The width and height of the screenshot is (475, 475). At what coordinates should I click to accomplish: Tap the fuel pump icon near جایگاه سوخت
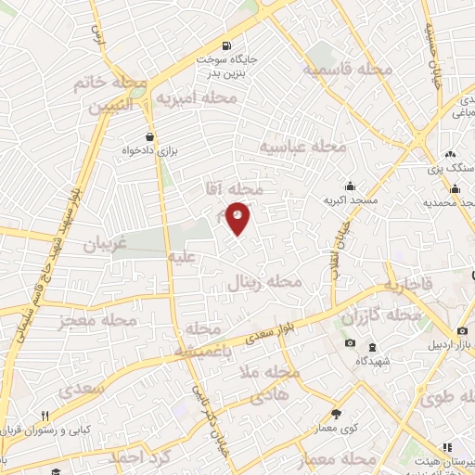pos(226,45)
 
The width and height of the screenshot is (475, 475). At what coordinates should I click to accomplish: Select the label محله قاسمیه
pos(340,70)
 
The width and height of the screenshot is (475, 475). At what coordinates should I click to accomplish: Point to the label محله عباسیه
pos(302,147)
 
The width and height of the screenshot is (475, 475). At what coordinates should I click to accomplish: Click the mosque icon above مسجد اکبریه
pos(349,186)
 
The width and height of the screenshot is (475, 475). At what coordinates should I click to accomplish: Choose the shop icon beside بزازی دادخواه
pos(149,135)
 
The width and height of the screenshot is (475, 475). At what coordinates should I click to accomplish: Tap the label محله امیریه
pos(196,98)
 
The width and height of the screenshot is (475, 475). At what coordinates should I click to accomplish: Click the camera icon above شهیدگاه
pos(350,343)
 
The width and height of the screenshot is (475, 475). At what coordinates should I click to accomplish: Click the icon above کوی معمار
pos(336,414)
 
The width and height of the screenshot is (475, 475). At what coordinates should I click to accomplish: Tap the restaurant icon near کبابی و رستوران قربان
pos(44,416)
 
